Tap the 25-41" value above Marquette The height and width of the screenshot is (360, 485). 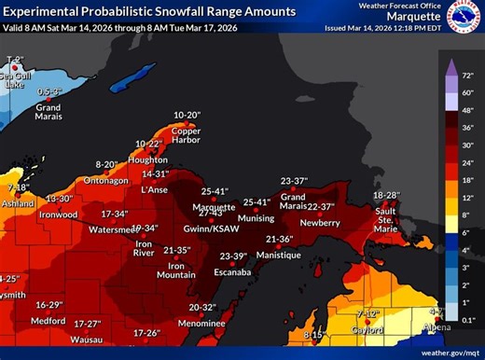[215, 191]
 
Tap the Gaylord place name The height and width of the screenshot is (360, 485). [370, 329]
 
